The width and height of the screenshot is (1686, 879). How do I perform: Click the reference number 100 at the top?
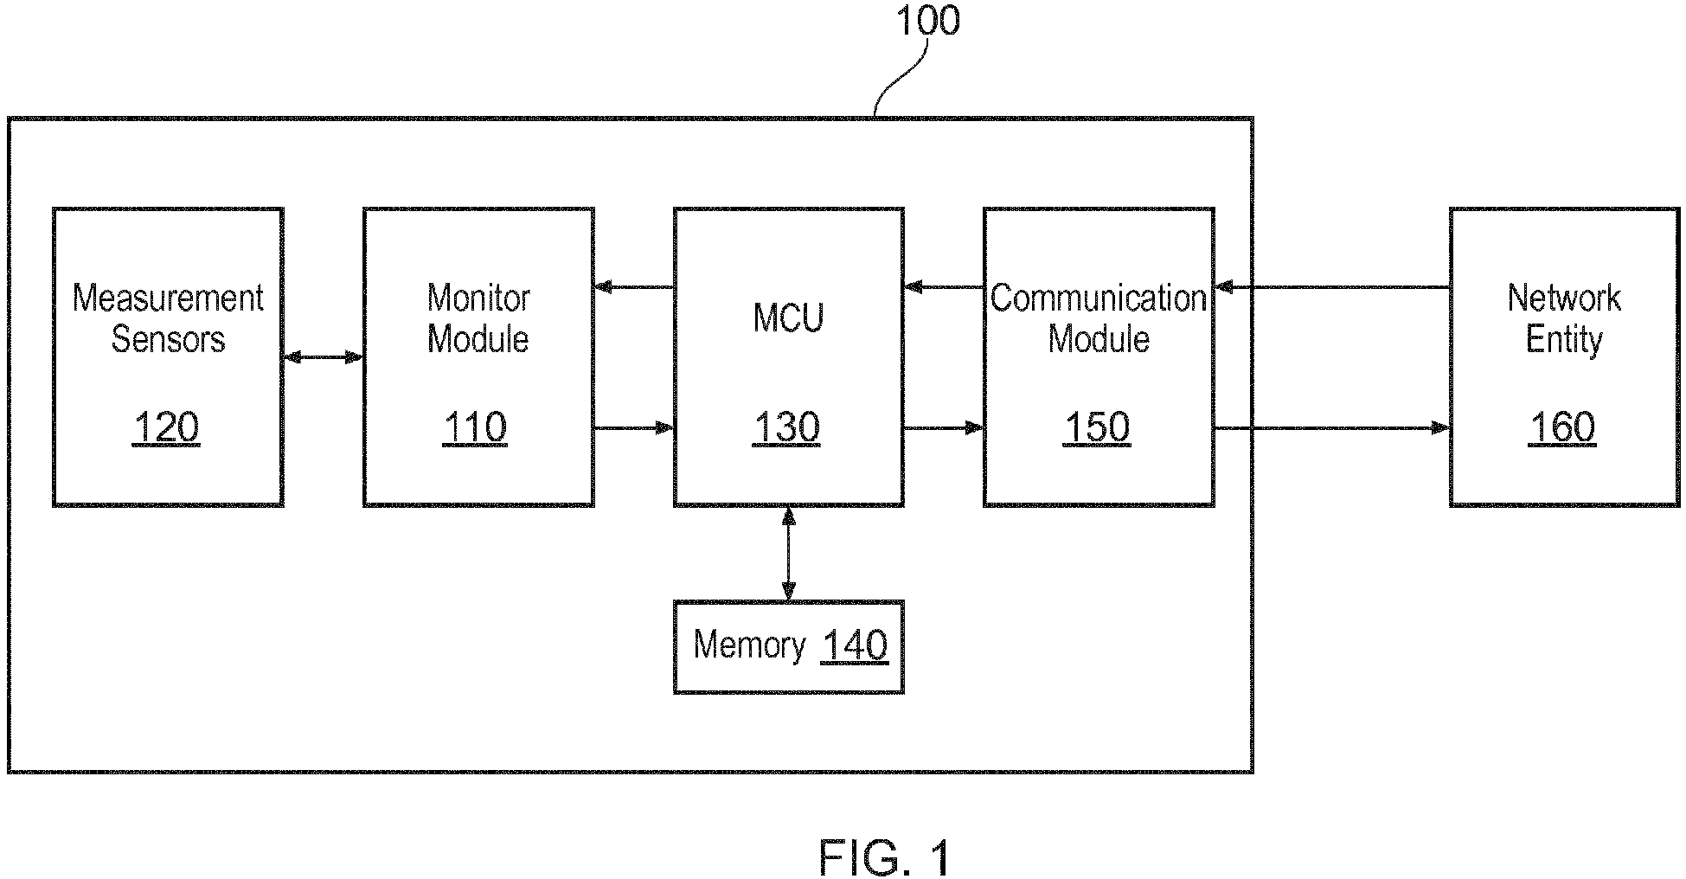[927, 21]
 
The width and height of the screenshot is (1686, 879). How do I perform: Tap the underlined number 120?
[165, 427]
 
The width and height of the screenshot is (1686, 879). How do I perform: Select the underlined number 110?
[475, 427]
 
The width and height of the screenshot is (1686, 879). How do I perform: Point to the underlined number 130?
[786, 427]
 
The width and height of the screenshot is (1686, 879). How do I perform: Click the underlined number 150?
[1097, 427]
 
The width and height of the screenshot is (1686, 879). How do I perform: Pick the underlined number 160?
[1562, 427]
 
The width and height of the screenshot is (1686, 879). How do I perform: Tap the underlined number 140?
[855, 645]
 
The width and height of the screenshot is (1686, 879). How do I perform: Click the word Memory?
[749, 645]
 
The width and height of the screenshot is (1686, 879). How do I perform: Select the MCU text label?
[788, 318]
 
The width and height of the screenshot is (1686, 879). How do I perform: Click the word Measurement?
[168, 298]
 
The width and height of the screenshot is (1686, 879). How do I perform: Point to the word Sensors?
[168, 339]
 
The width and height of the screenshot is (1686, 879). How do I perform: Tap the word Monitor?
[478, 298]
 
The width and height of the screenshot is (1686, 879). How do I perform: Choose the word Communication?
[1099, 298]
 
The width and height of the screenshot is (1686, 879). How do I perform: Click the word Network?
[1564, 298]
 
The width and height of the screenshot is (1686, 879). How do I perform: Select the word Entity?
[1564, 339]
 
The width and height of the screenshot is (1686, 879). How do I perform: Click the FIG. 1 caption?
[886, 858]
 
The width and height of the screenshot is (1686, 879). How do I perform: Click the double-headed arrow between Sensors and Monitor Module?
[323, 356]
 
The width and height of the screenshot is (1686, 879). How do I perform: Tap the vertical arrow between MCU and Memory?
[788, 554]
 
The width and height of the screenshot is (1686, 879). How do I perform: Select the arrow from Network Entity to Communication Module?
[1332, 287]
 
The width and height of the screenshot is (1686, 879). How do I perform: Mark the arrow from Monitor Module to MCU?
[634, 427]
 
